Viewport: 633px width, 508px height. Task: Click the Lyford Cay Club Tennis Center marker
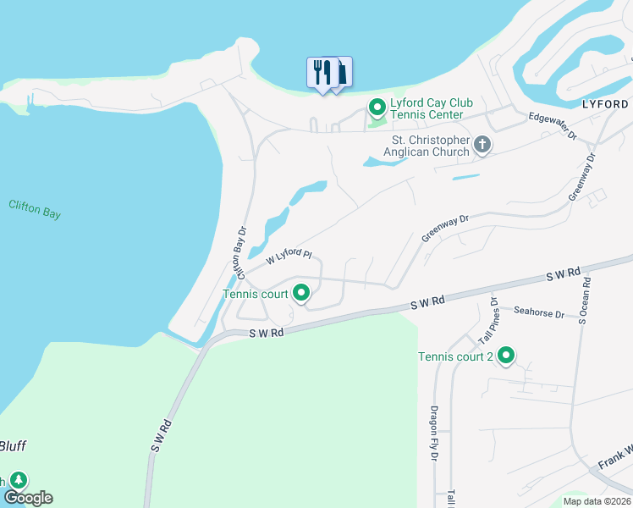377,108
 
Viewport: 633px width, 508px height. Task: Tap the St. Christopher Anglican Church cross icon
482,144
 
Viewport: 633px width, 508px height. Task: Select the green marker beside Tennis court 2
506,356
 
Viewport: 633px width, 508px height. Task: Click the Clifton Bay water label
35,209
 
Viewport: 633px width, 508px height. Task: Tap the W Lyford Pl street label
289,255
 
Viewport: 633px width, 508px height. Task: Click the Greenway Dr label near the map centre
445,228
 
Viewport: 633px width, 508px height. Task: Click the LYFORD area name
607,102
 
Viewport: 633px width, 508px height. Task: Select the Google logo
28,498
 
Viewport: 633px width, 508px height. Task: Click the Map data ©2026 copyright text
597,501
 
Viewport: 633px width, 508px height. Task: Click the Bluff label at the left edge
14,446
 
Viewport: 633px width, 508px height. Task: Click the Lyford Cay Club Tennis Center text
427,108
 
